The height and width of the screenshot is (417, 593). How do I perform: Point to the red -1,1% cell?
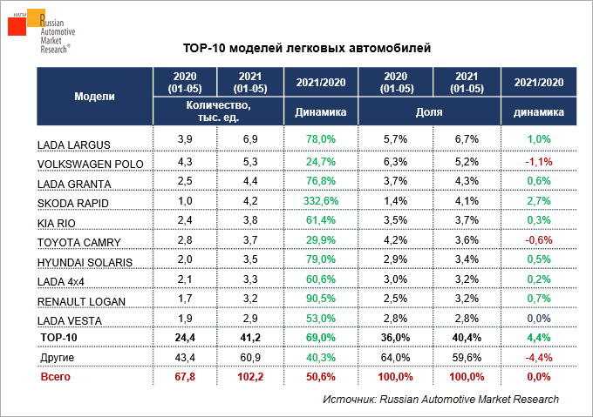538,162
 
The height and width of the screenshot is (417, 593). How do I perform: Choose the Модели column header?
94,96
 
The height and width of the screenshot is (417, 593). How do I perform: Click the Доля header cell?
428,112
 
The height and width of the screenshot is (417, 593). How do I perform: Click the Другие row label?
57,358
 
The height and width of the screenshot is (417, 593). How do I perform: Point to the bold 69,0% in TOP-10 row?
321,338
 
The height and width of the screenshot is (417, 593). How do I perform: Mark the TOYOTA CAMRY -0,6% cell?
538,240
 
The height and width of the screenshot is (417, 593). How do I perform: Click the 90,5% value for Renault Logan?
321,299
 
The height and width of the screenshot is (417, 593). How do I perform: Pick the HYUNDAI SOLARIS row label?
84,262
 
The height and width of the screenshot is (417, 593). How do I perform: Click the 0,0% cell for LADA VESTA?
538,319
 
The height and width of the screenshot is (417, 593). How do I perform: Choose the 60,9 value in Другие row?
250,357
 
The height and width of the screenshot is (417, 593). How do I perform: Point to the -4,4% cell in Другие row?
538,357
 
